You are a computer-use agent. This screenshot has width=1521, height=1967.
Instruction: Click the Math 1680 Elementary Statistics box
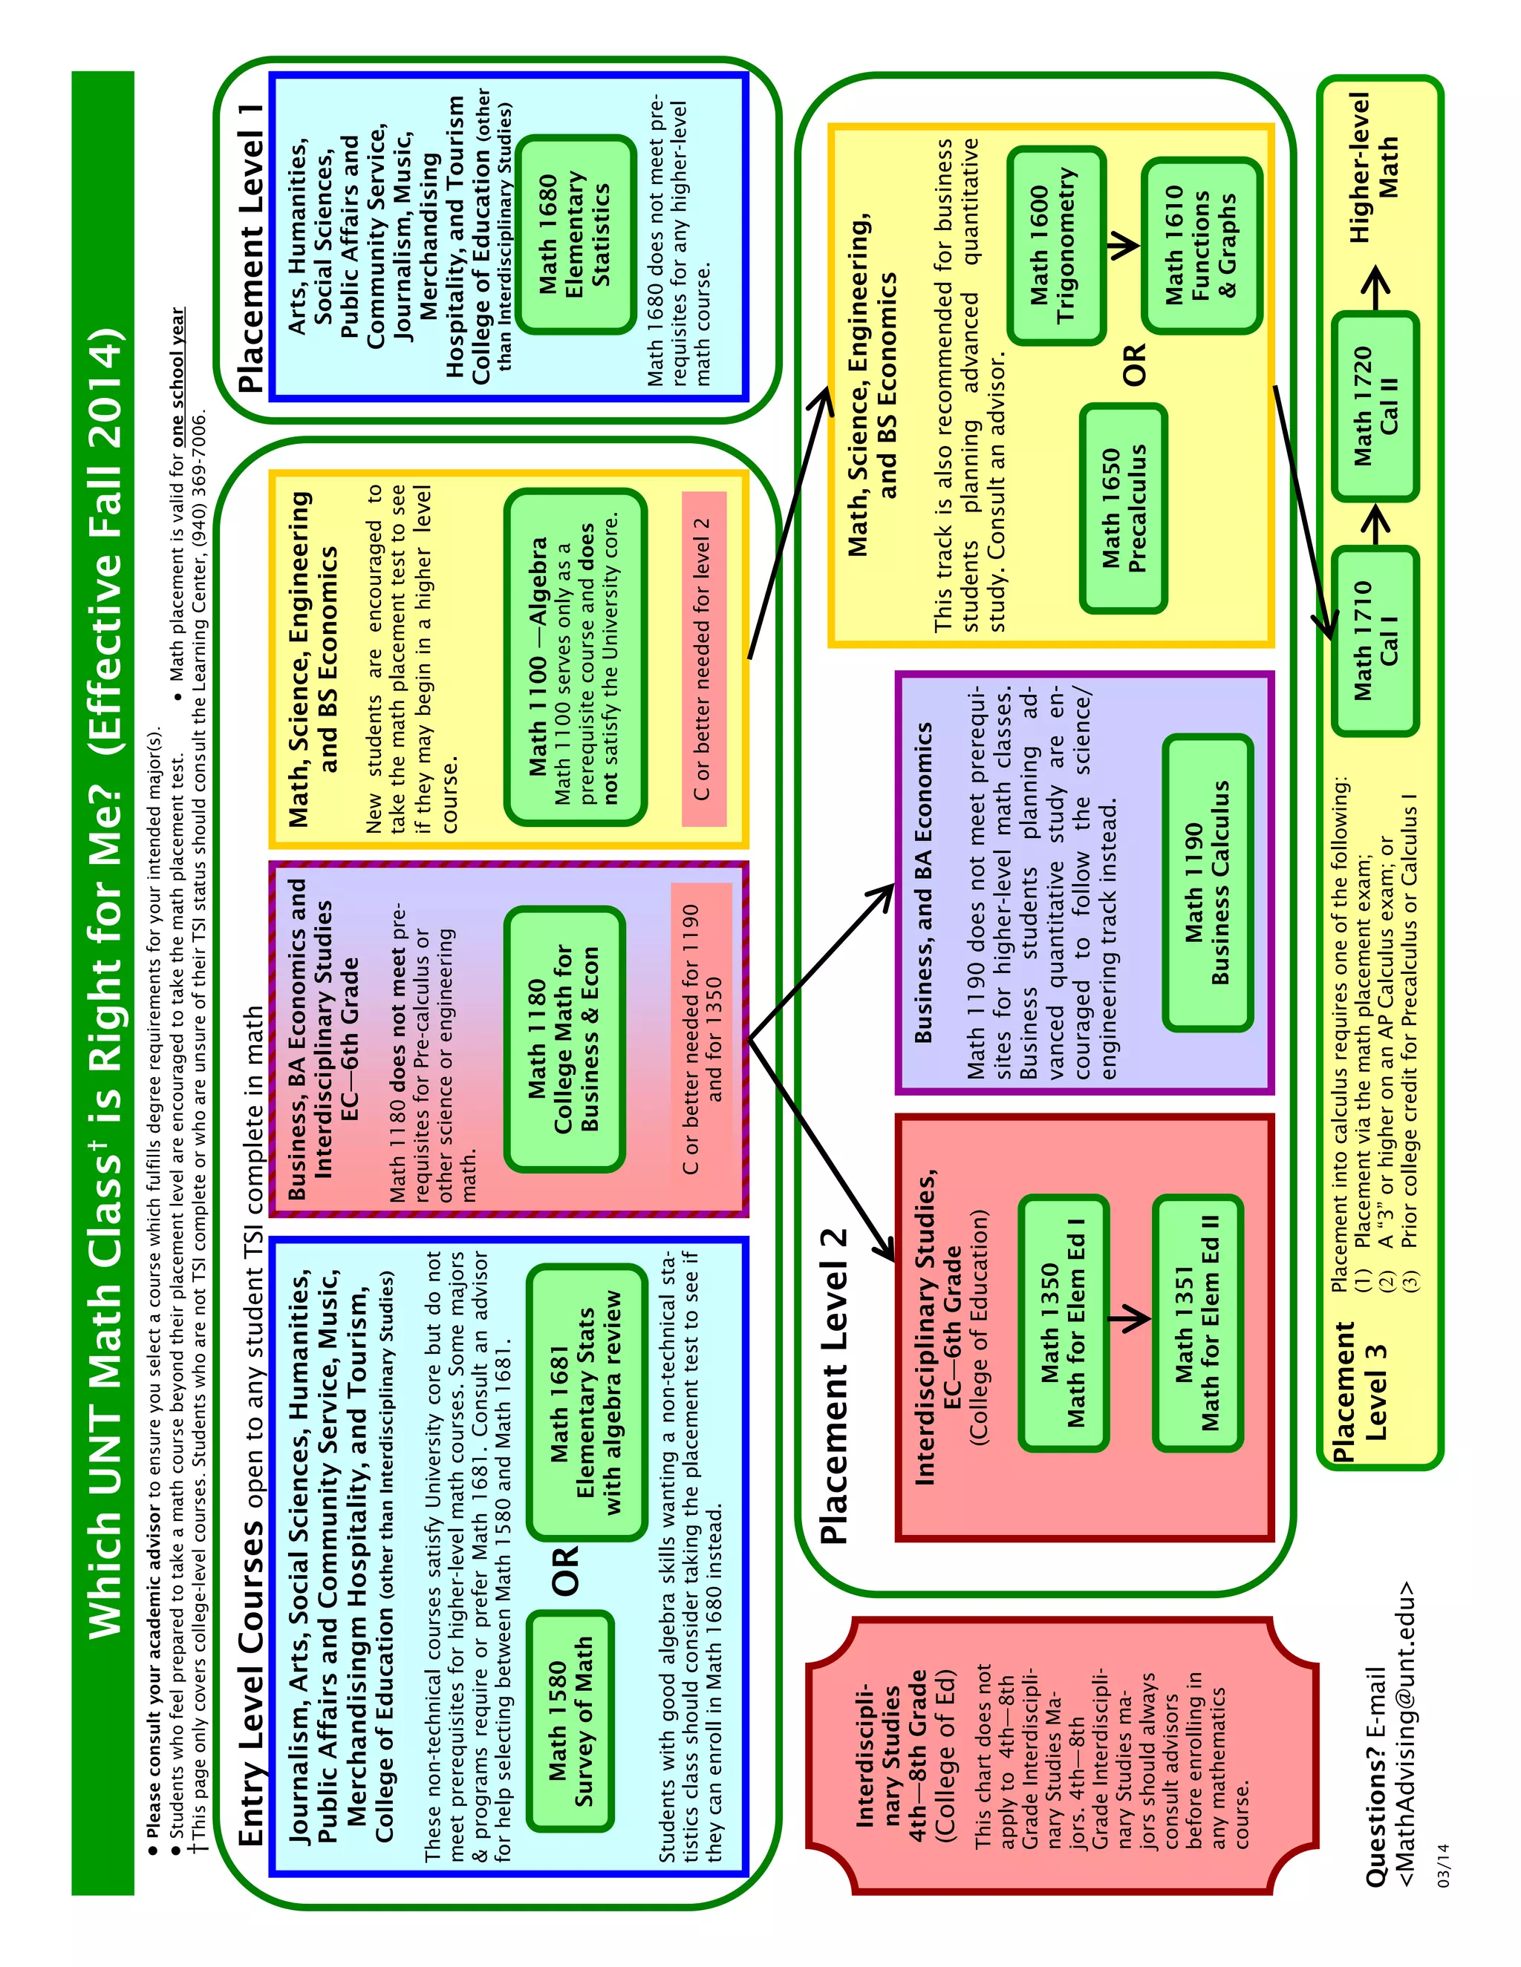tap(574, 234)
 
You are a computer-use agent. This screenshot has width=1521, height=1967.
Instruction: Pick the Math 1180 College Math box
tap(564, 1038)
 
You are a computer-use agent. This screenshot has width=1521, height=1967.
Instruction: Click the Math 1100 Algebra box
tap(575, 657)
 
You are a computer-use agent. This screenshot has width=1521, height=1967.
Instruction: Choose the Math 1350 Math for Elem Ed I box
tap(1064, 1323)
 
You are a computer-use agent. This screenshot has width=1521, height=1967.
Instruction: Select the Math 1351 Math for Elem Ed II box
tap(1197, 1323)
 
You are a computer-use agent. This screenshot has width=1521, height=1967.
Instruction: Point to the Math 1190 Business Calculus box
tap(1208, 883)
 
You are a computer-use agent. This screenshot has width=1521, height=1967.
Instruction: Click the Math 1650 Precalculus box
tap(1124, 509)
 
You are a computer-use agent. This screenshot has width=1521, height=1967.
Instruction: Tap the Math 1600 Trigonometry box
tap(1055, 245)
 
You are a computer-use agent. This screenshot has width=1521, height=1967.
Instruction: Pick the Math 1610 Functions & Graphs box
tap(1200, 245)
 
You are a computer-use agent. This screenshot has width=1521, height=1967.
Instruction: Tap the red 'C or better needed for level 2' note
tap(704, 659)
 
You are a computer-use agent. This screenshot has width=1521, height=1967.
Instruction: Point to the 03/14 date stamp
tap(1444, 1865)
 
